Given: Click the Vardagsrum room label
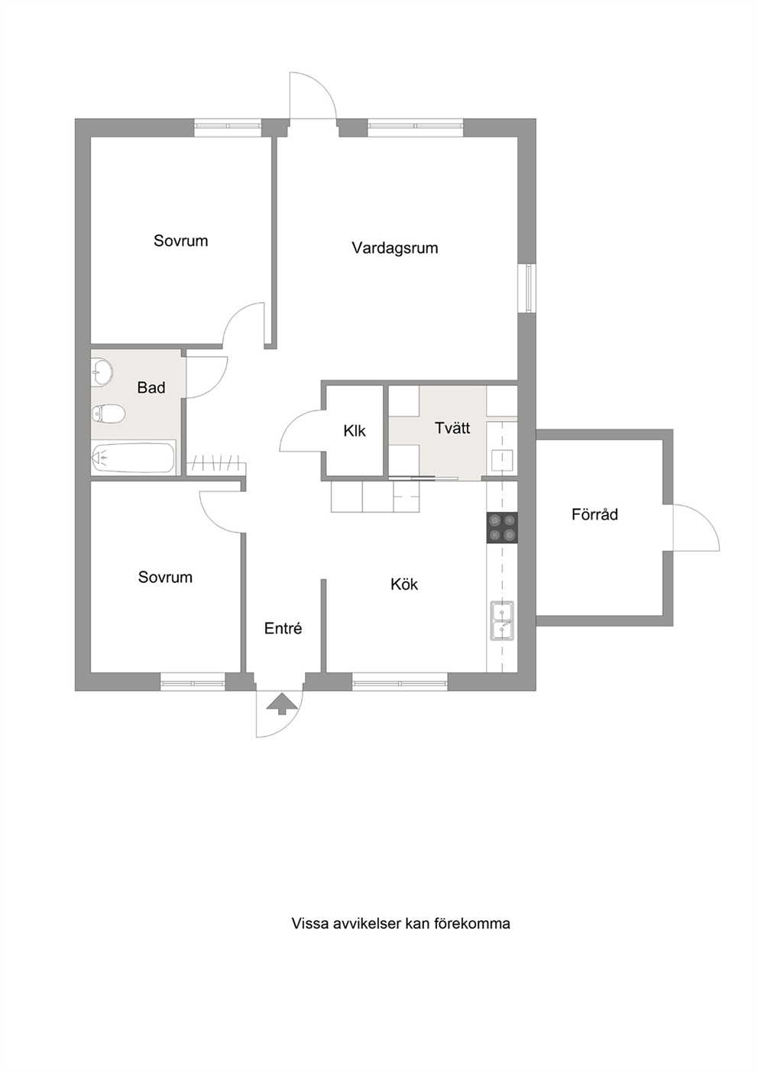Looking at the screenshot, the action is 395,248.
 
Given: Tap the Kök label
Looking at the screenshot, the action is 404,585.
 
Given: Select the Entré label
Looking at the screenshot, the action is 283,628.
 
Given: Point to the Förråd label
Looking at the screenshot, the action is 594,514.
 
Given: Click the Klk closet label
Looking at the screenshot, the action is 355,431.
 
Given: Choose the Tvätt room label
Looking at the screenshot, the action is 452,428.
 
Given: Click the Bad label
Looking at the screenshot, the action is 151,387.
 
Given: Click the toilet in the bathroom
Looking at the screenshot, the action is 109,413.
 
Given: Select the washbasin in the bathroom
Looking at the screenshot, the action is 102,371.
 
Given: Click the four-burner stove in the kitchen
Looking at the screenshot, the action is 502,528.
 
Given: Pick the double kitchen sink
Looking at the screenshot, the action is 502,620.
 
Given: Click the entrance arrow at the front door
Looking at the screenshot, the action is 281,704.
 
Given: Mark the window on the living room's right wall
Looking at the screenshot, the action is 528,289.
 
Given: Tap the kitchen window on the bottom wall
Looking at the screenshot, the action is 400,682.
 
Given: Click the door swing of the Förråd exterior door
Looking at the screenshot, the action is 696,527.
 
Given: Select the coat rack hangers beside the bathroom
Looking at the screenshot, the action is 215,463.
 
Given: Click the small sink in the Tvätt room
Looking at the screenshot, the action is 502,461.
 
